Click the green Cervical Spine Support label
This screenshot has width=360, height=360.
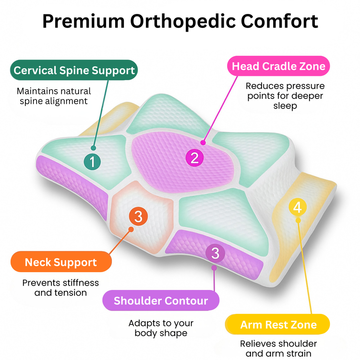click(74, 71)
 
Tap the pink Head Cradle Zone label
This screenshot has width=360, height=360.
click(278, 66)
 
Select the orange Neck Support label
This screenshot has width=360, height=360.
click(61, 262)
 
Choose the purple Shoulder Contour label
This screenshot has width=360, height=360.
click(161, 301)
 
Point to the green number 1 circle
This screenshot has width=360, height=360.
click(92, 161)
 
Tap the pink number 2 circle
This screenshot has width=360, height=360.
click(194, 157)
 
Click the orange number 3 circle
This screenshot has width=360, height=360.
click(138, 216)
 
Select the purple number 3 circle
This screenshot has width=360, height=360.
click(215, 252)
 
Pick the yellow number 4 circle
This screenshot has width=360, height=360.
click(298, 207)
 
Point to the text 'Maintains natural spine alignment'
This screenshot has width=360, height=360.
click(54, 96)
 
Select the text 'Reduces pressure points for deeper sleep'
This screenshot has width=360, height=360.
click(285, 96)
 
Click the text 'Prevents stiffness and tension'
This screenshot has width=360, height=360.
click(60, 287)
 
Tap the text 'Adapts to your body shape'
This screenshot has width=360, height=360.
click(160, 328)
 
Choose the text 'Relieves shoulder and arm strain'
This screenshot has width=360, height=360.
click(278, 349)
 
